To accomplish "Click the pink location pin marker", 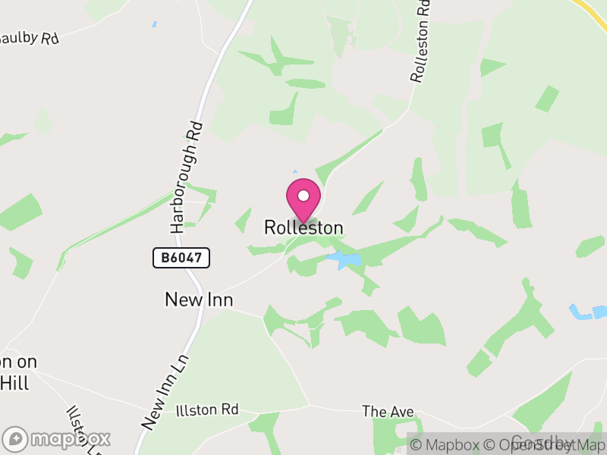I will pyautogui.click(x=303, y=199).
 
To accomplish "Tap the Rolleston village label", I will pyautogui.click(x=303, y=227).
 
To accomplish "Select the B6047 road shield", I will pyautogui.click(x=181, y=258).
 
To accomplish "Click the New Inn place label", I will pyautogui.click(x=199, y=300).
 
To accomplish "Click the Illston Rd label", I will pyautogui.click(x=206, y=410).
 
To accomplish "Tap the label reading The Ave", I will pyautogui.click(x=388, y=412).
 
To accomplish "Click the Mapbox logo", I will pyautogui.click(x=58, y=439).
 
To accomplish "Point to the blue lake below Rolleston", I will pyautogui.click(x=344, y=261).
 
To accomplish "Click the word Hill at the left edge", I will pyautogui.click(x=14, y=384).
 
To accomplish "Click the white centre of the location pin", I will pyautogui.click(x=303, y=196).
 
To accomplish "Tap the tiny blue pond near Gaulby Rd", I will pyautogui.click(x=154, y=24).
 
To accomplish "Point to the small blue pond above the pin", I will pyautogui.click(x=294, y=172).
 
